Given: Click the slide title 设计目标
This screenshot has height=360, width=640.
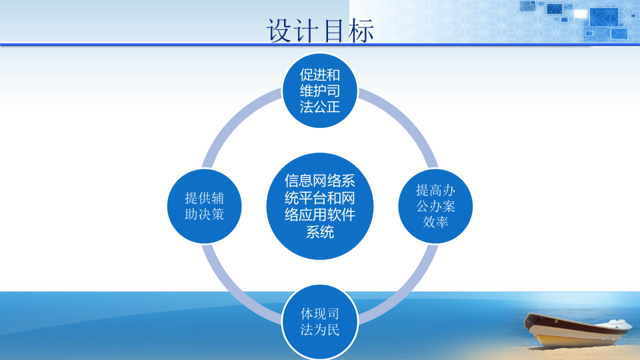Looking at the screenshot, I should click(320, 30).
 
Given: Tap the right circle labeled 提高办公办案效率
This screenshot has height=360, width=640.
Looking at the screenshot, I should click(435, 206).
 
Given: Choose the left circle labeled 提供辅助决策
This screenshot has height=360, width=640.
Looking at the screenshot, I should click(204, 206).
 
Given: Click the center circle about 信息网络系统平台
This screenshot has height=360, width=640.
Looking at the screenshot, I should click(320, 206).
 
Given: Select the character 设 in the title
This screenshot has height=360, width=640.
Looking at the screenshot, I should click(280, 31).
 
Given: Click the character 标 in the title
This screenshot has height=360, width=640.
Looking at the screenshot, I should click(360, 31).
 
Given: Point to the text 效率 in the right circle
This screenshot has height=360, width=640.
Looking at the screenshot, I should click(435, 222).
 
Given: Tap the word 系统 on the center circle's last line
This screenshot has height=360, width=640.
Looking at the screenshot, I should click(320, 232).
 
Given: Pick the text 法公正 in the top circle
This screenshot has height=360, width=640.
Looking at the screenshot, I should click(320, 107).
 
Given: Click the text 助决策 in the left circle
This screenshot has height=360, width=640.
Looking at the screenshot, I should click(204, 215).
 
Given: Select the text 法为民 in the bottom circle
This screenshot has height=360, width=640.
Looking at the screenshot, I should click(320, 330).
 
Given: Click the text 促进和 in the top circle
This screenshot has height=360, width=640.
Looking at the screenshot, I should click(320, 74).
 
